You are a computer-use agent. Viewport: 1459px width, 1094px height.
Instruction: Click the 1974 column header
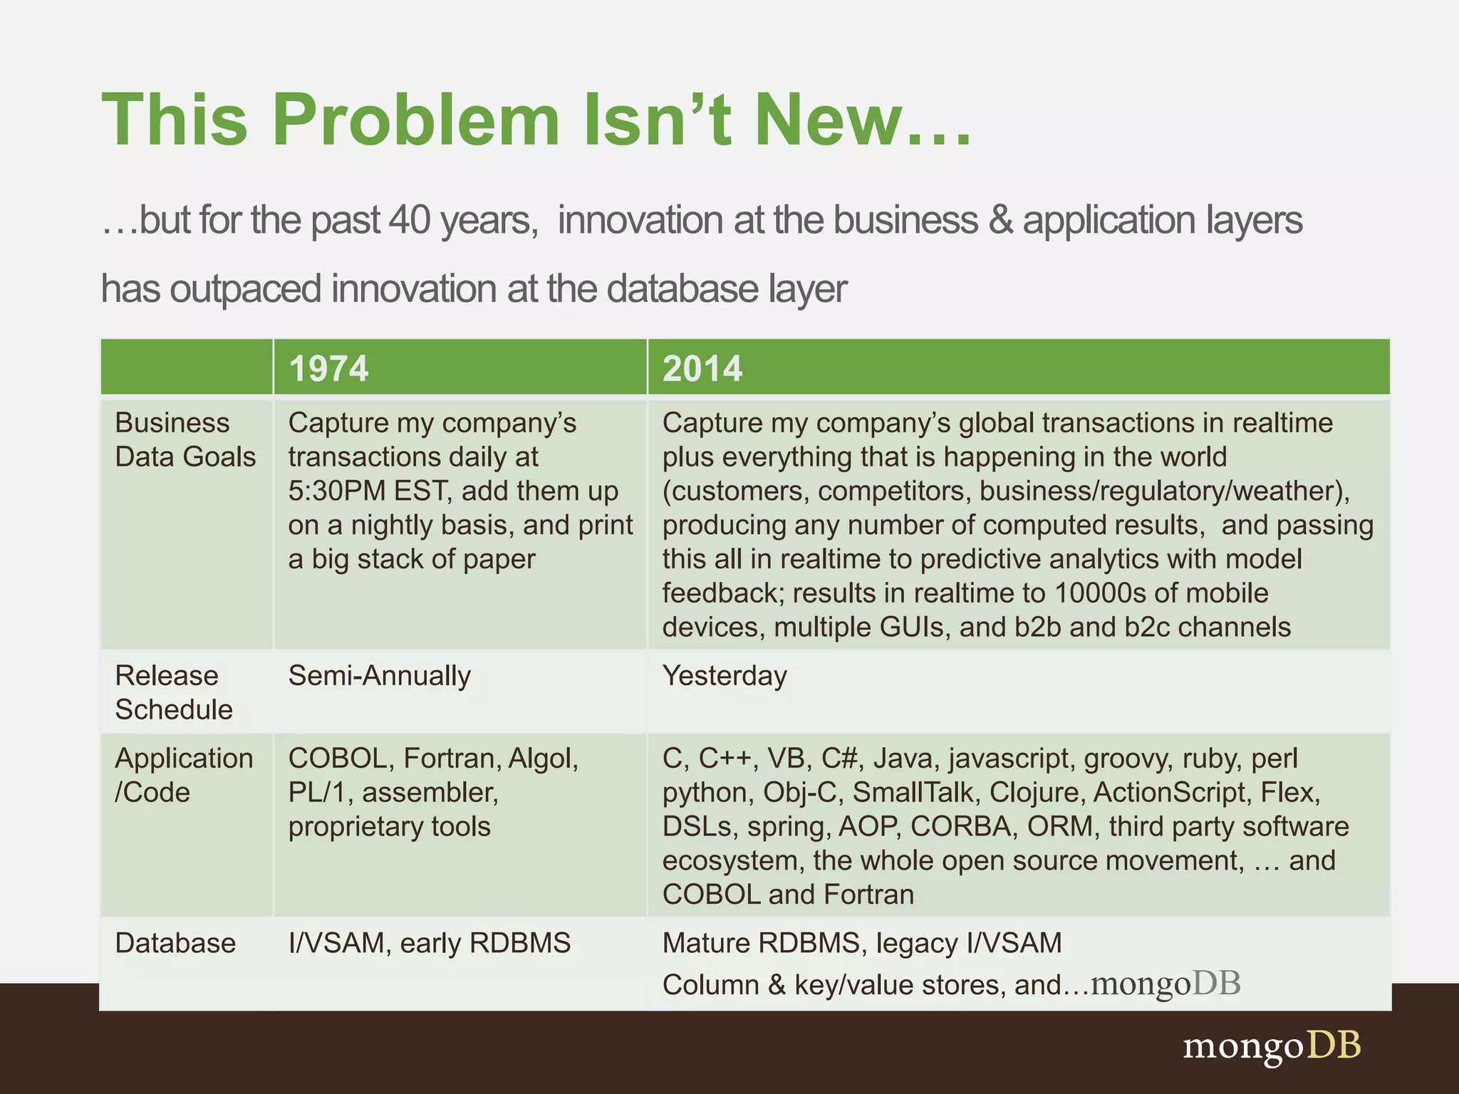pyautogui.click(x=328, y=368)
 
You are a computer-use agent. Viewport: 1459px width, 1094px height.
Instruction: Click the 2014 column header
pyautogui.click(x=702, y=368)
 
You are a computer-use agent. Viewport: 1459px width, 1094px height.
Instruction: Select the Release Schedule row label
pyautogui.click(x=173, y=692)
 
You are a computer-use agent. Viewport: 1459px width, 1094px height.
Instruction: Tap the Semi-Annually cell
pyautogui.click(x=379, y=675)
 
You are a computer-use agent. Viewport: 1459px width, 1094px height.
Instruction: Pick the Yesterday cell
pyautogui.click(x=725, y=675)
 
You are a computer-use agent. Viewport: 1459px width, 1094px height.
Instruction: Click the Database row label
pyautogui.click(x=175, y=943)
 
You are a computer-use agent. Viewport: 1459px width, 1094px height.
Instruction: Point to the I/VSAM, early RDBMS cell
pyautogui.click(x=429, y=943)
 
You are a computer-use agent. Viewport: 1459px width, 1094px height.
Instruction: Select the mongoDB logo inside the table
pyautogui.click(x=1165, y=983)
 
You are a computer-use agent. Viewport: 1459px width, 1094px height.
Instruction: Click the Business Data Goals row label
pyautogui.click(x=185, y=439)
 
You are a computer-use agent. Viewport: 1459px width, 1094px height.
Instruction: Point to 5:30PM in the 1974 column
pyautogui.click(x=331, y=491)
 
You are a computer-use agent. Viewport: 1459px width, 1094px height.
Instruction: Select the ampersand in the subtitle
pyautogui.click(x=1000, y=219)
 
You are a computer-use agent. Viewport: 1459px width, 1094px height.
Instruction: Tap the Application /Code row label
pyautogui.click(x=183, y=775)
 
